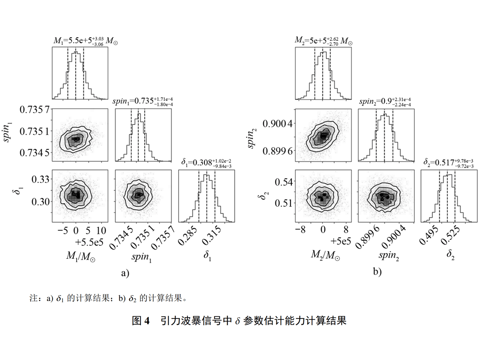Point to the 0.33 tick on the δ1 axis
(41, 180)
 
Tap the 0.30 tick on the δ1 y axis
(41, 201)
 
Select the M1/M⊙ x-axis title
(80, 256)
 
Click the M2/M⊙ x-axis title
(326, 254)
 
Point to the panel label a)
(125, 273)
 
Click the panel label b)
(377, 272)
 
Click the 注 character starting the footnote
(33, 299)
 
